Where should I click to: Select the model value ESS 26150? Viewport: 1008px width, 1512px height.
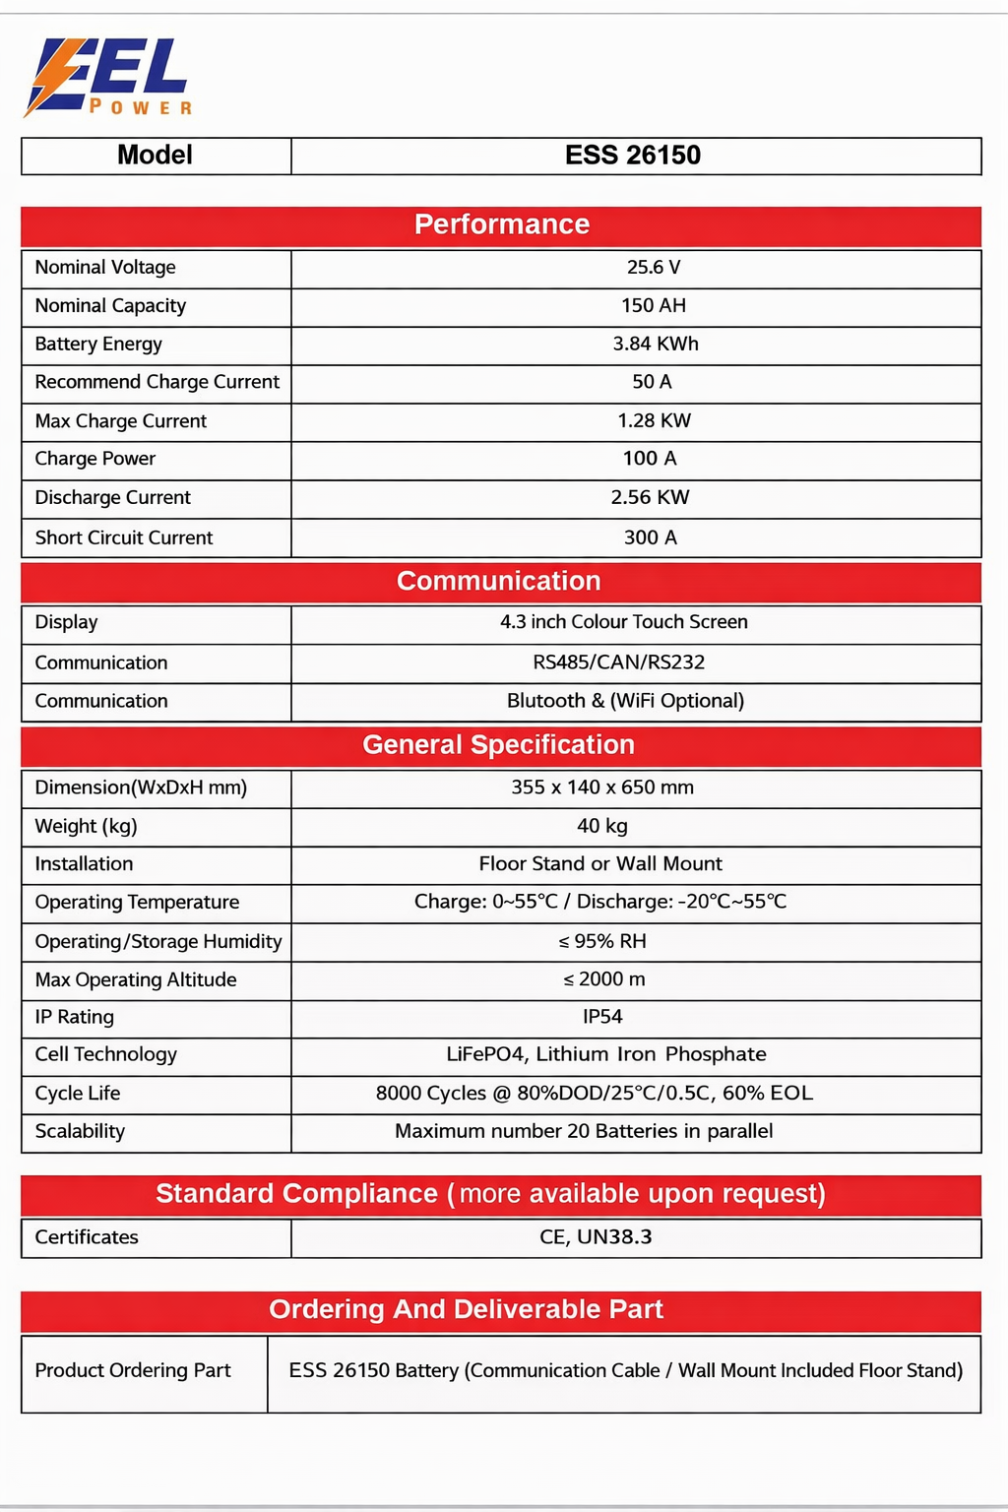tap(633, 156)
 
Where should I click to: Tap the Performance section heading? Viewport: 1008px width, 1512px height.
tap(501, 224)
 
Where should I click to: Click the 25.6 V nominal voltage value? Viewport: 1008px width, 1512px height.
tap(654, 268)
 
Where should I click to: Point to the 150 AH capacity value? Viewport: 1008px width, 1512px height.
tap(654, 306)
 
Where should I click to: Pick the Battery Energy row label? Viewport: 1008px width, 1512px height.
tap(98, 345)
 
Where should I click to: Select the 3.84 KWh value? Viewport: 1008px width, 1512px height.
tap(656, 345)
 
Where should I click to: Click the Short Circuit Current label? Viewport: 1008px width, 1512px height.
tap(124, 537)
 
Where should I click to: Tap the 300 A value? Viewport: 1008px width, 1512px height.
tap(651, 537)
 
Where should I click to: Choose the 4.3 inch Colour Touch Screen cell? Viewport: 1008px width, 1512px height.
tap(624, 622)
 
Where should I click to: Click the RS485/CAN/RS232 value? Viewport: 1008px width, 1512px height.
tap(619, 662)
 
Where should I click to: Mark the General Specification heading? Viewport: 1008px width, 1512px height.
tap(498, 745)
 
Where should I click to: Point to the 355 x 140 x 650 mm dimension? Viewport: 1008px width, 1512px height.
tap(602, 787)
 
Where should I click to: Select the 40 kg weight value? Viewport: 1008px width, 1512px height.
tap(602, 826)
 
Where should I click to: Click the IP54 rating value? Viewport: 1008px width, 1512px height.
tap(602, 1017)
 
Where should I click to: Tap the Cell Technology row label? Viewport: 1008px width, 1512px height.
tap(106, 1054)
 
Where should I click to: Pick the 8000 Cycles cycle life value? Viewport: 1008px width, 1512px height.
tap(595, 1094)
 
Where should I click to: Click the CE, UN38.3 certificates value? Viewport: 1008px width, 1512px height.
tap(596, 1237)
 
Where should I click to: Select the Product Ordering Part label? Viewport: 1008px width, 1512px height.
tap(133, 1370)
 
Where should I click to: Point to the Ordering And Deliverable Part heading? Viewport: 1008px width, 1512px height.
tap(466, 1309)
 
